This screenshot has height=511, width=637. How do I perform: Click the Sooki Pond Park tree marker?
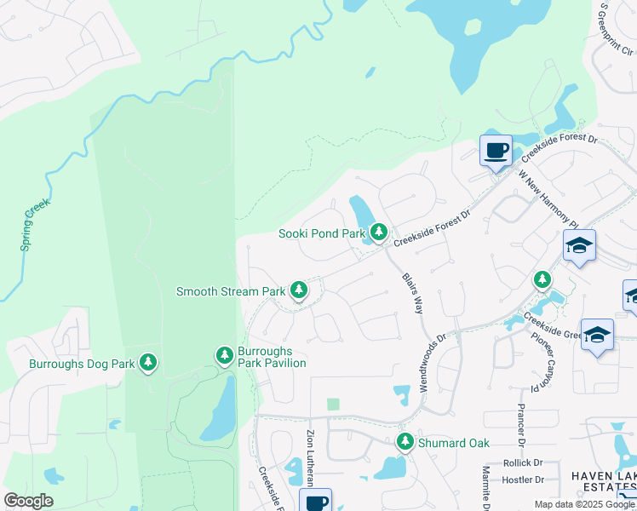[379, 232]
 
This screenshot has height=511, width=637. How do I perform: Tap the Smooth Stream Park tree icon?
[298, 290]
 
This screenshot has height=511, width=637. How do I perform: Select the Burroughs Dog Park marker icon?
[148, 363]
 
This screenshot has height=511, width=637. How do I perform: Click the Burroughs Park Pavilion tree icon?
[224, 354]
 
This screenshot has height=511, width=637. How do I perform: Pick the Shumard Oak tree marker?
[405, 442]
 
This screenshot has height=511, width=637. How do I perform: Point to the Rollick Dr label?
[523, 463]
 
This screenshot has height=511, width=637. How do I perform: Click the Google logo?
[28, 501]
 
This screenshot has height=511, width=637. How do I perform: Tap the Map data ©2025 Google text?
[584, 504]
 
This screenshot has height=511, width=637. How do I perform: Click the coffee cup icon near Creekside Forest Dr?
[496, 152]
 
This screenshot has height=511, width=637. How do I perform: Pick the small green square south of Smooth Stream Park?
[333, 405]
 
